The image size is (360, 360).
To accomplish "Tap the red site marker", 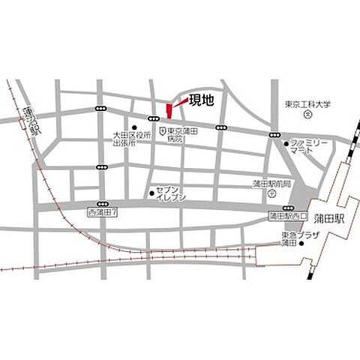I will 168,110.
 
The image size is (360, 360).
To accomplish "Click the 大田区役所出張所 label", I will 133,139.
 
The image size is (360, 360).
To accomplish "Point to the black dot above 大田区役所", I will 133,127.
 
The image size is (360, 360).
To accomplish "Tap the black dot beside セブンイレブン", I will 151,190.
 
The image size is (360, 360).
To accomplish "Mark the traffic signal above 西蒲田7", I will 101,204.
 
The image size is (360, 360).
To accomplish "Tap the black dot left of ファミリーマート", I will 286,142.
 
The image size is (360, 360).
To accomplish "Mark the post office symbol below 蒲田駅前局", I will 271,193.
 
